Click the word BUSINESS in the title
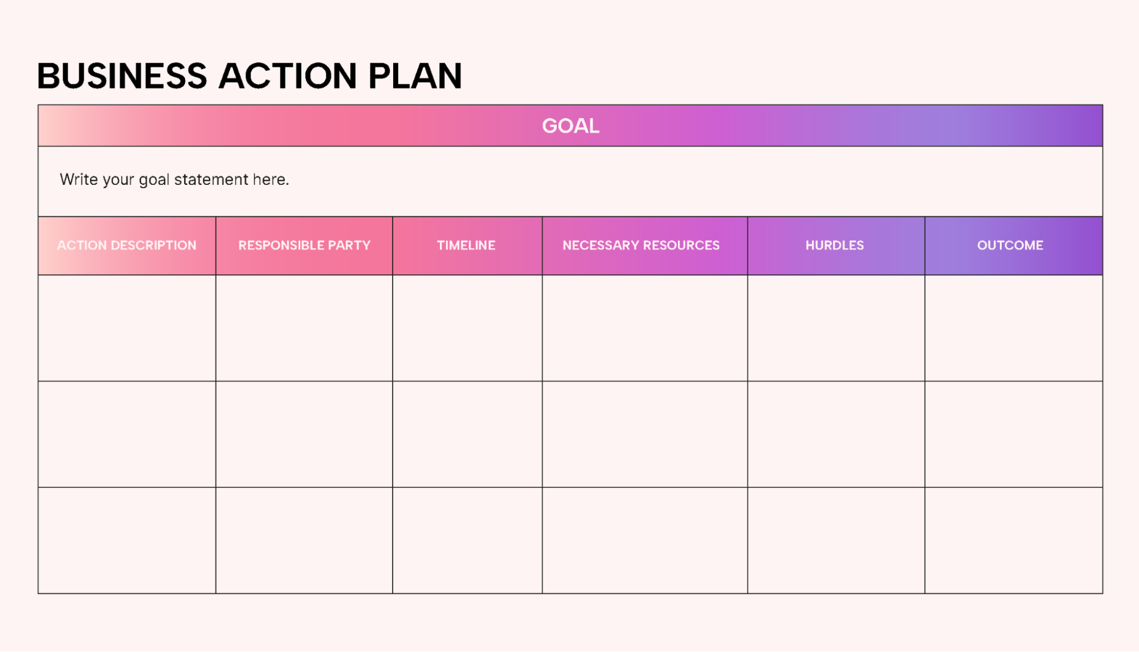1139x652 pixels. tap(122, 76)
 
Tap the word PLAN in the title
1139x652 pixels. tap(415, 76)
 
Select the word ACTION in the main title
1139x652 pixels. tap(288, 76)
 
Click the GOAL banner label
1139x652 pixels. tap(570, 125)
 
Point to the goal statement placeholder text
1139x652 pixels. tap(174, 180)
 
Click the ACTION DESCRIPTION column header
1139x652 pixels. tap(126, 245)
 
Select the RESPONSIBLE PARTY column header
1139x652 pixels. tap(304, 245)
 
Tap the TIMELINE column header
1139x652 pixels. tap(466, 245)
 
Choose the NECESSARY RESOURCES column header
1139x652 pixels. tap(641, 245)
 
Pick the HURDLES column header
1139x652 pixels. tap(835, 245)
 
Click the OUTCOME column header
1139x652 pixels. tap(1010, 245)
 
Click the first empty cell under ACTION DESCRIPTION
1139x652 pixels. tap(126, 328)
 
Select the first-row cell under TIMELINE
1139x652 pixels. tap(467, 328)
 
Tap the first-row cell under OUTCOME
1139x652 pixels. tap(1014, 328)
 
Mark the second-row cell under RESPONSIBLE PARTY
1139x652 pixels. tap(304, 434)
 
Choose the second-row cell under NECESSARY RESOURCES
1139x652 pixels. tap(645, 434)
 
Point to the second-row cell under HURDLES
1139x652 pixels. tap(836, 434)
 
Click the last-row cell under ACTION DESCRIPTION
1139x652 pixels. tap(126, 540)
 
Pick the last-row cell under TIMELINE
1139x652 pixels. tap(467, 540)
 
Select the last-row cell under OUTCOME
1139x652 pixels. tap(1014, 540)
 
